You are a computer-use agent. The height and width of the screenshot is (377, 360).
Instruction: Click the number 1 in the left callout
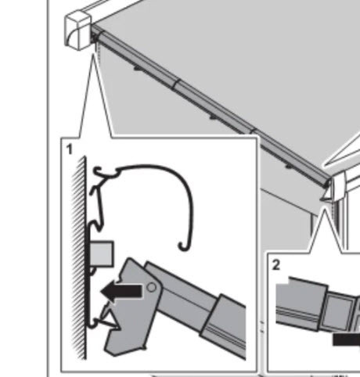click(69, 149)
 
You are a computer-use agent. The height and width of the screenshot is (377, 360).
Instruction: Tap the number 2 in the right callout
click(275, 265)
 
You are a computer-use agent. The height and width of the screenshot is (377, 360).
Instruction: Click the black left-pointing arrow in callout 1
click(121, 292)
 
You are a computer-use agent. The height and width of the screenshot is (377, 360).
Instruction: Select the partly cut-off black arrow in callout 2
click(347, 339)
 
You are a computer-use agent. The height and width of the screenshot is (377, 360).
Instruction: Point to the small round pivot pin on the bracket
click(152, 287)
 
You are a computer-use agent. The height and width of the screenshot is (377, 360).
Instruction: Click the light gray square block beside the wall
click(102, 254)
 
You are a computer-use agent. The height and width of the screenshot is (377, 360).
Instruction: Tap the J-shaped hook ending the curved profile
click(185, 246)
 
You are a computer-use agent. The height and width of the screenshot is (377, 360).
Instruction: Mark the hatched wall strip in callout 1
click(79, 258)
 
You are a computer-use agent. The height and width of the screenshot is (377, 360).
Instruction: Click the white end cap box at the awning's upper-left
click(78, 30)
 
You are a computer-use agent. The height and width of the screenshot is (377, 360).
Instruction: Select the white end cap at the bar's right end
click(338, 186)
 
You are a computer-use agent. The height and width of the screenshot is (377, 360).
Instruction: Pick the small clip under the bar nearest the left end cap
click(138, 69)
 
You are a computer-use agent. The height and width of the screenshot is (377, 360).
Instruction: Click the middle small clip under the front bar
click(214, 118)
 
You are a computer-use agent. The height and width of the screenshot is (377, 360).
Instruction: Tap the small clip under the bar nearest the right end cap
click(289, 167)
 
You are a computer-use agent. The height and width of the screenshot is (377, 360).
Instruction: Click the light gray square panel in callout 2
click(337, 312)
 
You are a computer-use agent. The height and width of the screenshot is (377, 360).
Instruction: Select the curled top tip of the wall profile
click(97, 171)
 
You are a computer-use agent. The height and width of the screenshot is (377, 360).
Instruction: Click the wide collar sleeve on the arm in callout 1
click(225, 323)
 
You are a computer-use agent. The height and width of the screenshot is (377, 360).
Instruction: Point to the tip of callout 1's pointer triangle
click(93, 54)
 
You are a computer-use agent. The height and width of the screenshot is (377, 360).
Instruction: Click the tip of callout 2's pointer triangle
click(325, 209)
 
